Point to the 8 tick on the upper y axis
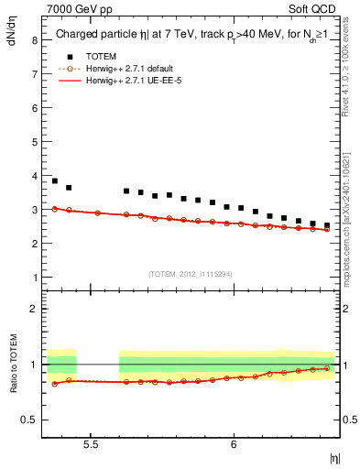tap(34, 40)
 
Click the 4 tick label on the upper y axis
tap(34, 176)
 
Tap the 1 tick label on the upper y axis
tap(34, 278)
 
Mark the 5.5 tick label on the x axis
tap(92, 443)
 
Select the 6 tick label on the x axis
tap(234, 443)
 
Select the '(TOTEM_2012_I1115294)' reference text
tap(191, 273)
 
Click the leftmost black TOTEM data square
tap(55, 181)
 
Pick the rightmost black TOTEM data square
tap(327, 225)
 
